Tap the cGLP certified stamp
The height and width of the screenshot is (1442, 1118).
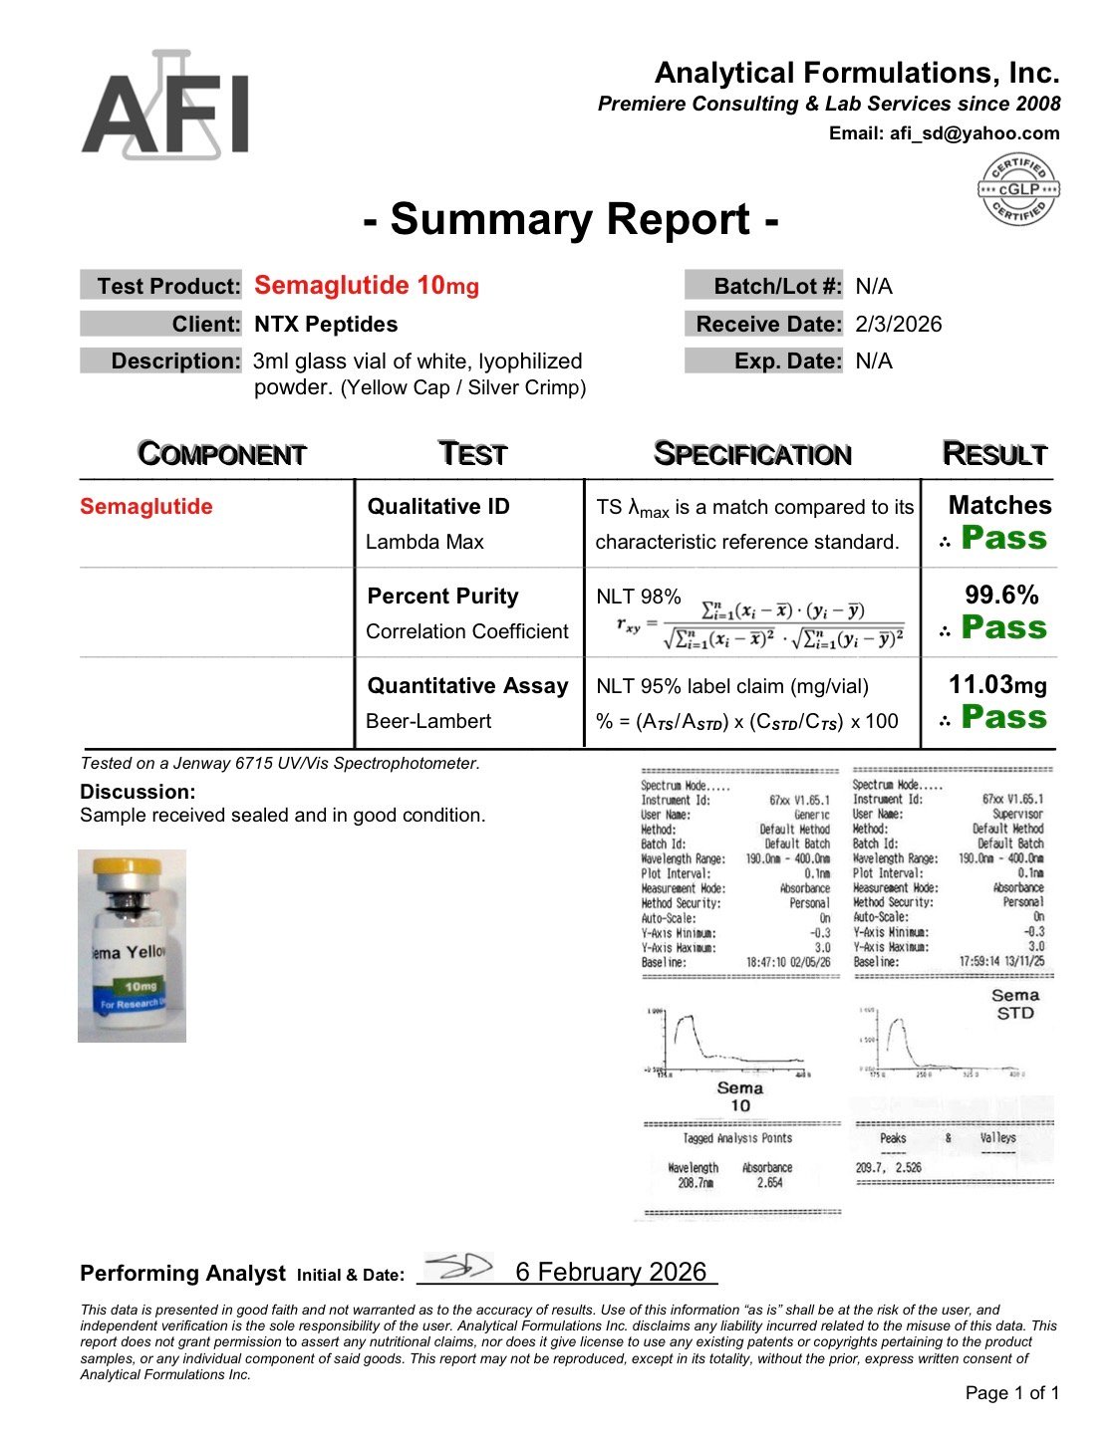tap(1018, 189)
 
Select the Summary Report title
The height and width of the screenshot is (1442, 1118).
tap(570, 219)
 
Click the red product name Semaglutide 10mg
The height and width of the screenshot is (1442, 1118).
tap(367, 286)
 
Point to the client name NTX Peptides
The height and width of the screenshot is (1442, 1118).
tap(326, 325)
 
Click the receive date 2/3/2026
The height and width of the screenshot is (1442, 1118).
tap(898, 325)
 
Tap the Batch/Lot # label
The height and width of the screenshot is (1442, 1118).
tap(777, 287)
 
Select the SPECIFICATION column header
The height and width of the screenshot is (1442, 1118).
tap(752, 454)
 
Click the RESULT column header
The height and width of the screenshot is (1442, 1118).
tap(994, 454)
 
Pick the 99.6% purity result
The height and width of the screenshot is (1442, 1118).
tap(1001, 596)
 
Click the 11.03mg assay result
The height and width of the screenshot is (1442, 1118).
tap(997, 685)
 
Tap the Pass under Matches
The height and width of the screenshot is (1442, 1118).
tap(1003, 539)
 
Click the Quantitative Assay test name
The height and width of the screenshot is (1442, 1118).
tap(467, 686)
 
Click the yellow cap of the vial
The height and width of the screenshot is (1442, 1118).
tap(132, 867)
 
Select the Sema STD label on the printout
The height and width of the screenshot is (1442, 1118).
tap(1015, 1004)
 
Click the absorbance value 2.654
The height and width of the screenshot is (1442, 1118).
tap(769, 1183)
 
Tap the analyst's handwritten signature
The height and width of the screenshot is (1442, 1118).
tap(457, 1268)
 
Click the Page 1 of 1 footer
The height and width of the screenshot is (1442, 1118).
tap(1011, 1393)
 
